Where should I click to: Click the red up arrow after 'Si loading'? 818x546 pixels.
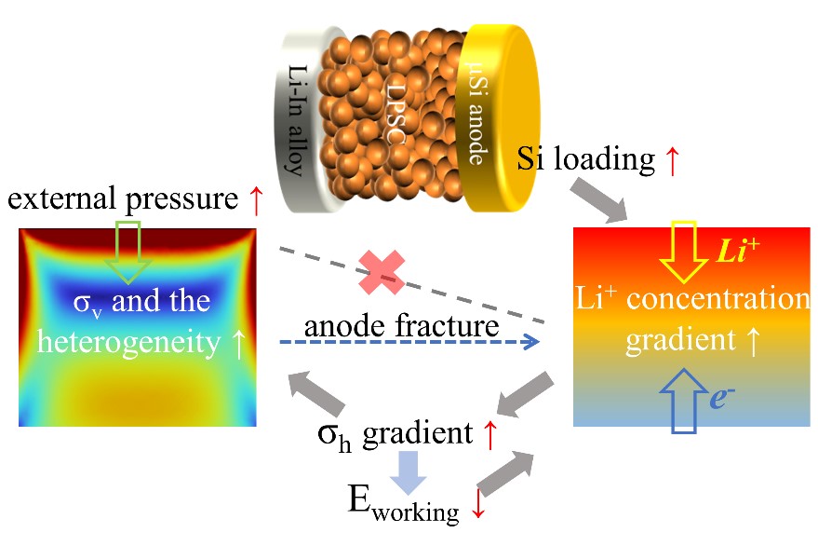pyautogui.click(x=671, y=160)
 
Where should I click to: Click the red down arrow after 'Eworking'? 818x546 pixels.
pyautogui.click(x=479, y=505)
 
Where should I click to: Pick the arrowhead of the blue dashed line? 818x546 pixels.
pyautogui.click(x=532, y=343)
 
